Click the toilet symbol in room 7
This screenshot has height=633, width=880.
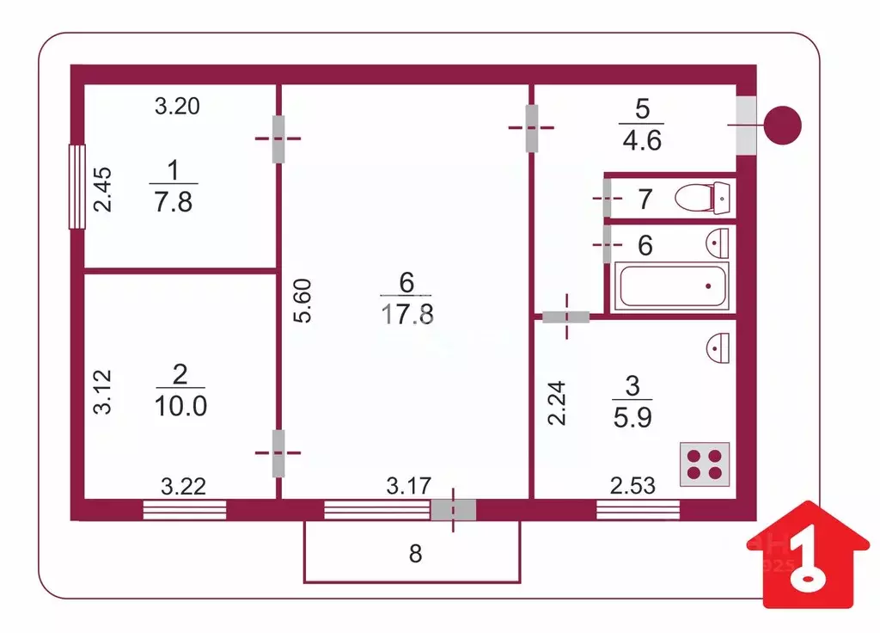tap(702, 198)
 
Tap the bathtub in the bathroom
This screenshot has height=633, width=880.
tap(672, 286)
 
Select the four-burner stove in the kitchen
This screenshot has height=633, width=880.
tap(705, 464)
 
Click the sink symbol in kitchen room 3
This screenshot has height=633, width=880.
tap(718, 347)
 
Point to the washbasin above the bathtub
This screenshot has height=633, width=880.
tap(718, 243)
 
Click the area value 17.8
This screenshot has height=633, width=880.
tap(407, 314)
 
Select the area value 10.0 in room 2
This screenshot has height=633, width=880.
tap(180, 406)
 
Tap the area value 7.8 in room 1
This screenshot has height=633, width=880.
tap(174, 201)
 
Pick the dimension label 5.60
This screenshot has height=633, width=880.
tap(302, 300)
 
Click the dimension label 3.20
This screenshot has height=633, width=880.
tap(177, 106)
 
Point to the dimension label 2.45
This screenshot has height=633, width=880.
tap(102, 189)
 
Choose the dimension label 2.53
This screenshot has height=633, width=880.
tap(632, 486)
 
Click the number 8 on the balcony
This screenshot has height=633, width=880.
tap(415, 554)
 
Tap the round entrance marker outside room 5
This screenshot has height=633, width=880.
tap(784, 126)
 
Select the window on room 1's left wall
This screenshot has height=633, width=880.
tap(76, 187)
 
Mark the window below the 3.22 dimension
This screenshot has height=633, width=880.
tap(185, 510)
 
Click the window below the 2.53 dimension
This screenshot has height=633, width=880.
tap(639, 510)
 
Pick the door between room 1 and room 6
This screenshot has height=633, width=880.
tap(278, 138)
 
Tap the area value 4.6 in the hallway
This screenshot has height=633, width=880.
tap(642, 140)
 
